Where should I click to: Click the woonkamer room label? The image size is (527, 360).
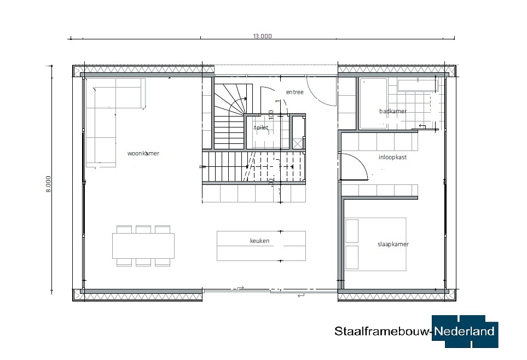click(143, 153)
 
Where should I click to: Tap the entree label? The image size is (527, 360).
click(295, 92)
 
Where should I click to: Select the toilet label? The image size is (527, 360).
click(261, 127)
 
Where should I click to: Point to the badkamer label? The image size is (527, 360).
click(393, 111)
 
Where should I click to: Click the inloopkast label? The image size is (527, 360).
click(392, 157)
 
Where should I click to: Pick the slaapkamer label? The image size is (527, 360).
click(393, 244)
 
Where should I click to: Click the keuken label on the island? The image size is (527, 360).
click(260, 241)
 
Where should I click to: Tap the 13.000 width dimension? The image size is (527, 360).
click(262, 36)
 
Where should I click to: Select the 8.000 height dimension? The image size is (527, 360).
click(48, 184)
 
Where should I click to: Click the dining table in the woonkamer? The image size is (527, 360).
click(143, 246)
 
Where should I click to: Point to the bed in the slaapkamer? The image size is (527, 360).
click(375, 244)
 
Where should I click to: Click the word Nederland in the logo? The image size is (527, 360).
click(464, 332)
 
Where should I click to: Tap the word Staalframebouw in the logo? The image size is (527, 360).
click(383, 332)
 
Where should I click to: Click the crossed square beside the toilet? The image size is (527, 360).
click(298, 143)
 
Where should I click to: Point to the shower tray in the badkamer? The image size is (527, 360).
click(373, 103)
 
